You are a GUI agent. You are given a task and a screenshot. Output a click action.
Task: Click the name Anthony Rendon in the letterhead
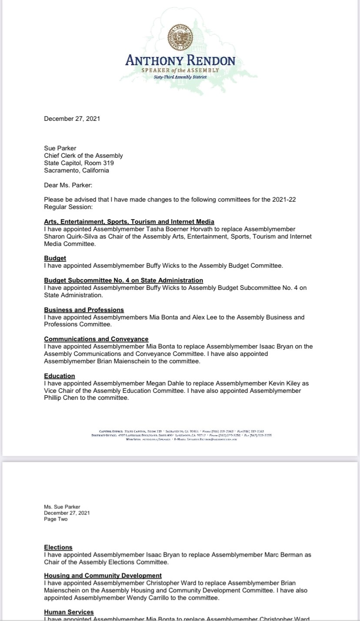tap(180, 60)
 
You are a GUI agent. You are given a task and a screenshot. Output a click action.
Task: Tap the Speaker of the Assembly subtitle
tap(180, 70)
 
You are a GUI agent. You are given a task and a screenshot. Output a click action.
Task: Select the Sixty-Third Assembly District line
tap(180, 77)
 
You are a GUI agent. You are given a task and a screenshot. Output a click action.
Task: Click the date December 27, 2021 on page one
tap(72, 119)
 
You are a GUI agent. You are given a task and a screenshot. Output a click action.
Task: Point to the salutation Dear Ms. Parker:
tap(68, 186)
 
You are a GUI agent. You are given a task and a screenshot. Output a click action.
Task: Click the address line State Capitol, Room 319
tap(79, 163)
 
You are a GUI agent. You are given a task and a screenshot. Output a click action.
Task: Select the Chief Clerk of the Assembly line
tap(83, 156)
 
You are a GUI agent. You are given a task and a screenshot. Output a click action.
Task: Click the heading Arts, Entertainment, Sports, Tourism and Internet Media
tap(129, 222)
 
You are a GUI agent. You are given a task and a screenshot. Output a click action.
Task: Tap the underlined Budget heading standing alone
tap(55, 258)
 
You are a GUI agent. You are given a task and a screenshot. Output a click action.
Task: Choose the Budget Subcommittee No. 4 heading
tap(123, 280)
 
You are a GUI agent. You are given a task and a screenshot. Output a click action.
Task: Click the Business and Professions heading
tap(84, 310)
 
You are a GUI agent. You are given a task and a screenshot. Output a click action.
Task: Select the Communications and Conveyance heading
tap(96, 339)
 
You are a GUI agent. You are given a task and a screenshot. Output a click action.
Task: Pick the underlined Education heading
tap(60, 376)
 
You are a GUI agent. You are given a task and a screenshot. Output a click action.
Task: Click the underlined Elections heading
tap(58, 547)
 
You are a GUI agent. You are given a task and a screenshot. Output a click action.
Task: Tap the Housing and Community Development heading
tap(103, 575)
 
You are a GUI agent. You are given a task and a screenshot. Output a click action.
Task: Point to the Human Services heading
tap(69, 612)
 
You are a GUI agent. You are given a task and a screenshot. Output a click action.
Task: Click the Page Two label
tap(56, 519)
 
